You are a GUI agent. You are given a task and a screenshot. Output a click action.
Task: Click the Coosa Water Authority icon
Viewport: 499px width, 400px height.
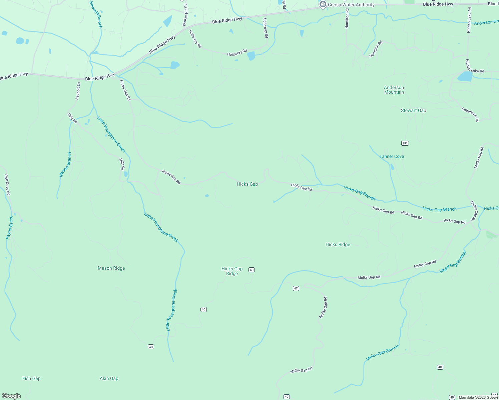(323, 5)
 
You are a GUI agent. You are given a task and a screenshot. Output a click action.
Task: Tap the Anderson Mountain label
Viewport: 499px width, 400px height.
(394, 90)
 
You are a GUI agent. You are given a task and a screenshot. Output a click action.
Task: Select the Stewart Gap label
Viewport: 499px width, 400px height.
(413, 111)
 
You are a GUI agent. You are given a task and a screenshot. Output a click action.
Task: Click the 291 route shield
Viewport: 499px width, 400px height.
(405, 143)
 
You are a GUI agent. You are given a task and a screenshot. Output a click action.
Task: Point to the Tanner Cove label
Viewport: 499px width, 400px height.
(392, 156)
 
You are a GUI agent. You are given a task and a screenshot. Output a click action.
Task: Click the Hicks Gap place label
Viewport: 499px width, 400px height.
(247, 184)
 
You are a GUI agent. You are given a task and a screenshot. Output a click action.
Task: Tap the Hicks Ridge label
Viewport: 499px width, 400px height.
(338, 245)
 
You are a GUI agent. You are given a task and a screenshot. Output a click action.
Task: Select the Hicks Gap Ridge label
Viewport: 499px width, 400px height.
(232, 271)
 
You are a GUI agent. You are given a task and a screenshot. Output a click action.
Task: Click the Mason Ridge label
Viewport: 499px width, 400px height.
(111, 268)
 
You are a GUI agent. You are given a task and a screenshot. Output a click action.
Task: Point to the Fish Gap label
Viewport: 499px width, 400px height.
(31, 379)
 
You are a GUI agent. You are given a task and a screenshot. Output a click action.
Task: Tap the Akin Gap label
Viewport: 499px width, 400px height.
(109, 379)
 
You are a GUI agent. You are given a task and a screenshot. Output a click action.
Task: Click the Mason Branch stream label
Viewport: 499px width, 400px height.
(65, 164)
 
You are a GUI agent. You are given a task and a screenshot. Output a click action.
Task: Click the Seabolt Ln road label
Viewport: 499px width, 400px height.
(78, 91)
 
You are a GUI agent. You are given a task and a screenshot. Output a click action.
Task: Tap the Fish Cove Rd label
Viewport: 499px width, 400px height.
(7, 185)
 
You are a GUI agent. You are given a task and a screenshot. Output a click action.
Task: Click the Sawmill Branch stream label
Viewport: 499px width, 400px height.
(96, 14)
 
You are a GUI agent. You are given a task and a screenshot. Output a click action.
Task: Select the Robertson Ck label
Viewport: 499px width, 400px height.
(470, 114)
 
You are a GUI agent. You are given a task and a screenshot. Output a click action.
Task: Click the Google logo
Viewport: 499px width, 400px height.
(11, 396)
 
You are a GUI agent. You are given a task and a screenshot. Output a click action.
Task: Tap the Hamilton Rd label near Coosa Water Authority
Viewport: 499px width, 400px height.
(347, 19)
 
